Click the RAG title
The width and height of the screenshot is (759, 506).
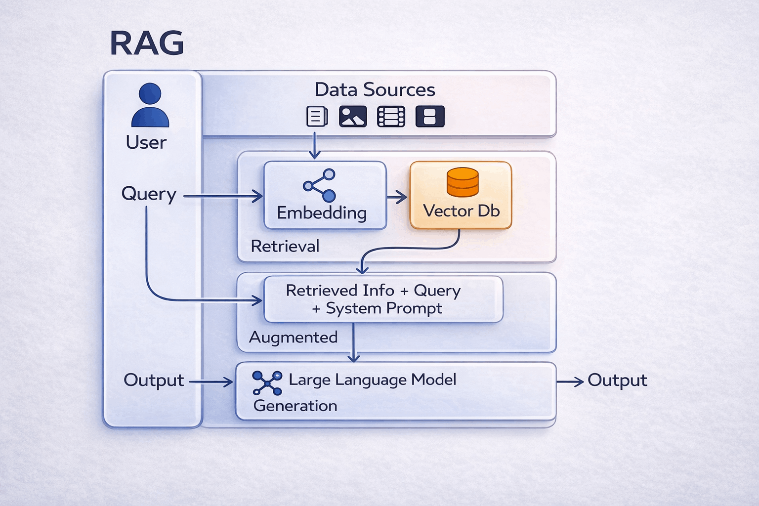tap(147, 43)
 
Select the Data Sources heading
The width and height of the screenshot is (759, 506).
tap(375, 90)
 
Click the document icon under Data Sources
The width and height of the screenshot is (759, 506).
tap(317, 117)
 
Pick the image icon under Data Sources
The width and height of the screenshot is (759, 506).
tap(353, 117)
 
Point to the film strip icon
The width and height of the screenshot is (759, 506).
tap(391, 117)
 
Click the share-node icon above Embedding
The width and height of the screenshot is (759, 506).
tap(320, 185)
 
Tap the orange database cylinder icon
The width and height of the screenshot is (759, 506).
tap(463, 182)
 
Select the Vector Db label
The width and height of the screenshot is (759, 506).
tap(461, 211)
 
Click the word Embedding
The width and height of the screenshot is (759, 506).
tap(322, 213)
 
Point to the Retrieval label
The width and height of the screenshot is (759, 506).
tap(285, 246)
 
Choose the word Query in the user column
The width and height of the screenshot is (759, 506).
tap(149, 194)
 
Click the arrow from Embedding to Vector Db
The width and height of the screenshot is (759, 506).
tap(397, 198)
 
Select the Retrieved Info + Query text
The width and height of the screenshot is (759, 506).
tap(373, 291)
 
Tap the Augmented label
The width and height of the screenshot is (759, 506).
tap(294, 337)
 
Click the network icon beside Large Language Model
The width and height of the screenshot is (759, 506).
tap(267, 383)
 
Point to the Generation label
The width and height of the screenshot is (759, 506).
tap(295, 406)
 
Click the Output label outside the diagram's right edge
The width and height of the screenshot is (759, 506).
tap(617, 380)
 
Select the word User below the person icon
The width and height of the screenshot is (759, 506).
tap(146, 142)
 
